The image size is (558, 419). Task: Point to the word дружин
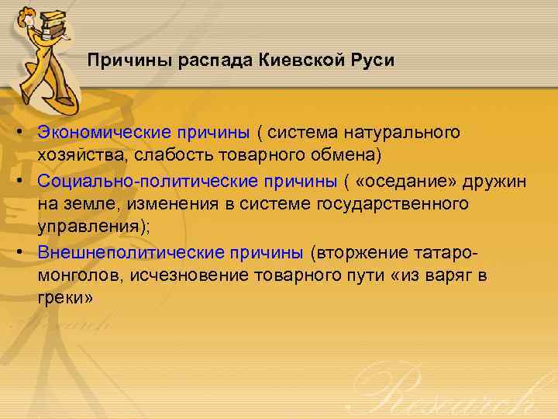tap(495, 181)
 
